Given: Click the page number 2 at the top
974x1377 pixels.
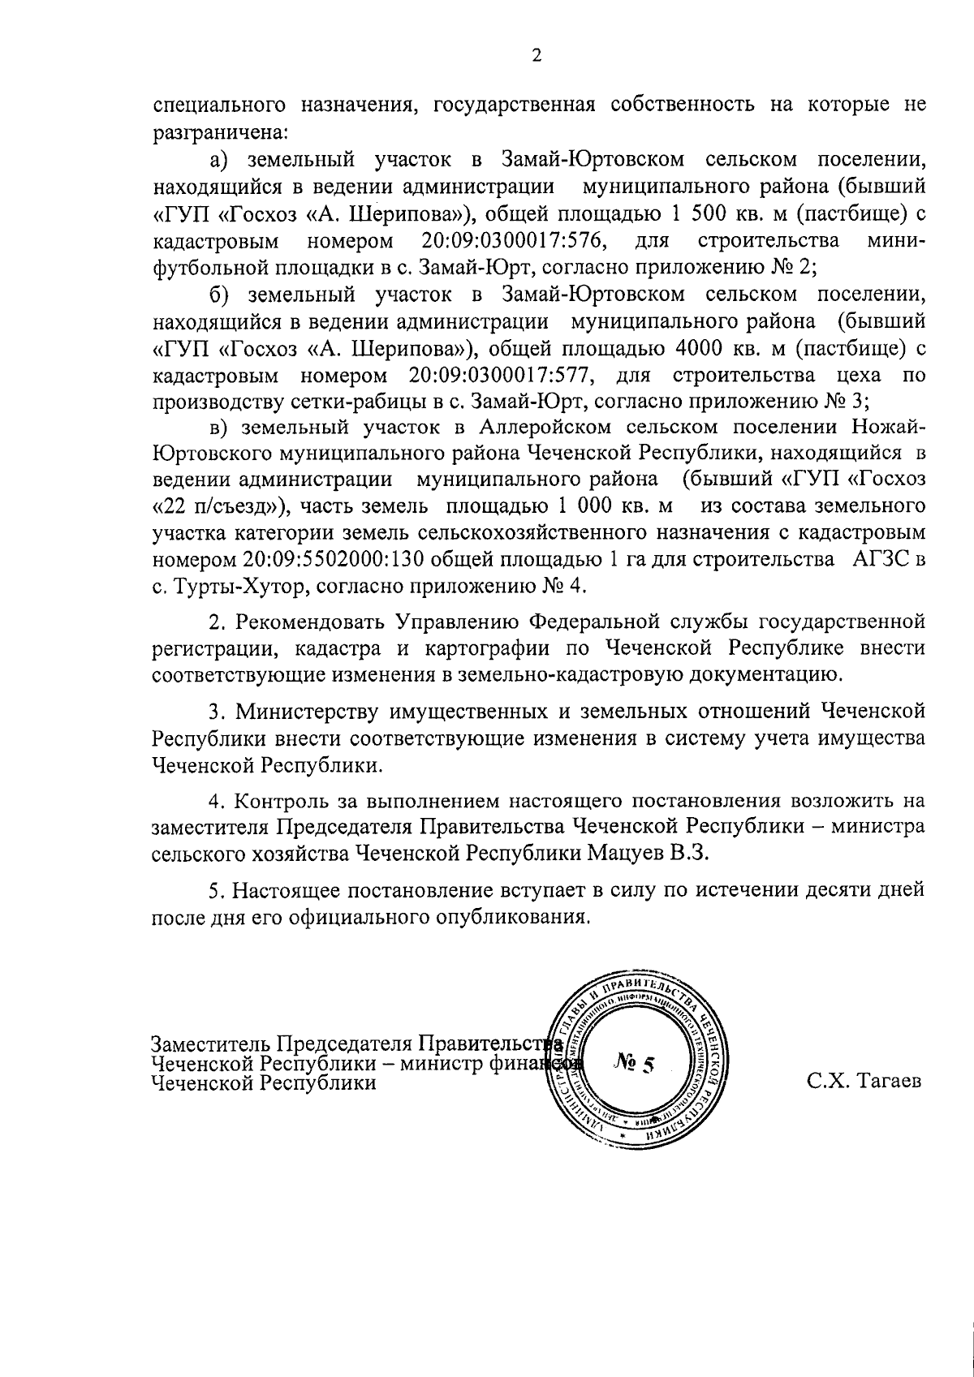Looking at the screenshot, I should (536, 55).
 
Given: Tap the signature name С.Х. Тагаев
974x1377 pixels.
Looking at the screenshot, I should (864, 1082).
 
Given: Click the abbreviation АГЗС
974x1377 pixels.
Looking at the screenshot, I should (878, 561).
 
